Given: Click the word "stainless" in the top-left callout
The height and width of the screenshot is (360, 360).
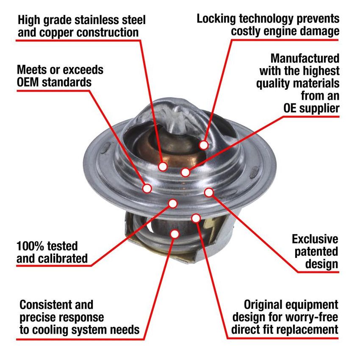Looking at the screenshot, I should pos(91,19).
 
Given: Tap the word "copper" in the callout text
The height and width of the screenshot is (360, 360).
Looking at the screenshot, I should pos(58,32).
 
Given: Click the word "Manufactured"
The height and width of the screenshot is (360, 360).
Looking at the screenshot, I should pos(305,58).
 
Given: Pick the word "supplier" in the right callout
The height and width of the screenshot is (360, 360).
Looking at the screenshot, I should pos(318,108).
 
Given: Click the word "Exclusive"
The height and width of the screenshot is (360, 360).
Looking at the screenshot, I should pos(315,239).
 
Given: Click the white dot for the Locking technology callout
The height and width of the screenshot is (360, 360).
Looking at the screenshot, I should pos(204,145).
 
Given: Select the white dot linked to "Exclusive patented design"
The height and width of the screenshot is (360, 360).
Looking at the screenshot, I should pos(208,192).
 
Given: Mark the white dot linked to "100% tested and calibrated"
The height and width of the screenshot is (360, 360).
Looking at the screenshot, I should pos(172,204).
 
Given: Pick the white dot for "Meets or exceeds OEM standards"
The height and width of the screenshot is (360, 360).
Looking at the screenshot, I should pos(147,188).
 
